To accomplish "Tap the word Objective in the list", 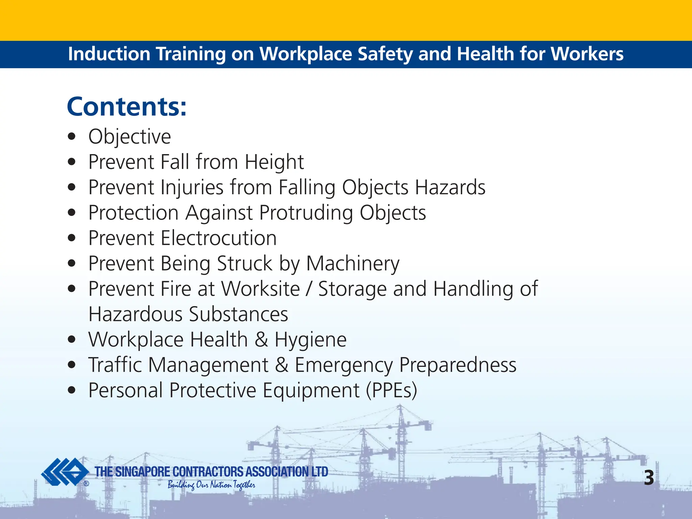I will [x=130, y=137].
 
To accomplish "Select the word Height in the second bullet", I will [x=274, y=162].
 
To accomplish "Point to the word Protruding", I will [x=306, y=213].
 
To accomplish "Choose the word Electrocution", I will [x=219, y=238].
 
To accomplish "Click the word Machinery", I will [x=353, y=264].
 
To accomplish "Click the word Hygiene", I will [x=311, y=340].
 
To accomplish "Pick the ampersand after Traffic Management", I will [x=281, y=365].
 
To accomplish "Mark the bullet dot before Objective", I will [x=71, y=137].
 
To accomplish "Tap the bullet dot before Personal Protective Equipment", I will [x=71, y=391].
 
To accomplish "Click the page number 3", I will [x=649, y=478].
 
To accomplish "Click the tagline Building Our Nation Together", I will [x=211, y=485].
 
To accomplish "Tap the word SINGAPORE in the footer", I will [x=142, y=472].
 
